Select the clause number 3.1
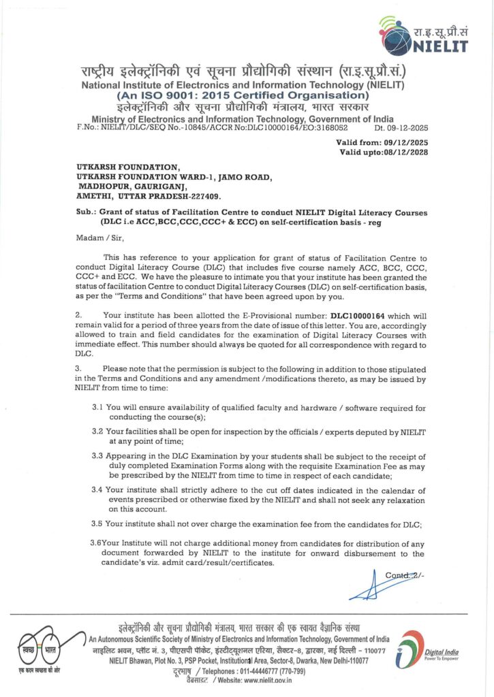[x=97, y=408]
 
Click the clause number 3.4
[x=97, y=490]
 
